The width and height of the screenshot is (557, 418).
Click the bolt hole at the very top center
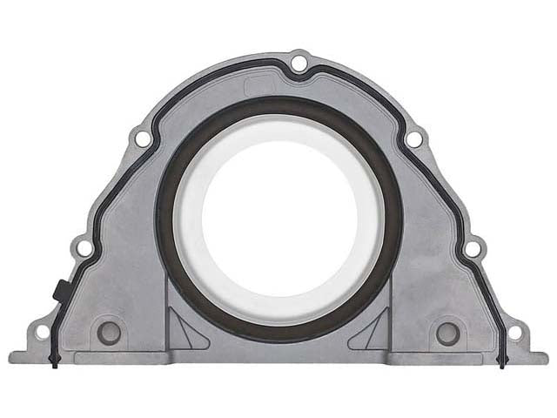(x=299, y=63)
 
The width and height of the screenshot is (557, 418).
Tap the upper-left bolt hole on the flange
(x=141, y=138)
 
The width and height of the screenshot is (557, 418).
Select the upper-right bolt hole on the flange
(x=414, y=138)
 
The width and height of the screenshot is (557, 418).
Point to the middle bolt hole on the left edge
(x=84, y=248)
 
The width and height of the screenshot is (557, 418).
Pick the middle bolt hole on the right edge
(x=472, y=248)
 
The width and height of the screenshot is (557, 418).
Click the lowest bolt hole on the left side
(x=42, y=332)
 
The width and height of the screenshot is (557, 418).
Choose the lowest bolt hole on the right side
(x=514, y=332)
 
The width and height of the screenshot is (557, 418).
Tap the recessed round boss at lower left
(x=110, y=332)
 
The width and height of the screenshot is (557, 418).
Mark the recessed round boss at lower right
(x=446, y=332)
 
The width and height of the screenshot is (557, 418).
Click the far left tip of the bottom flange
(x=10, y=357)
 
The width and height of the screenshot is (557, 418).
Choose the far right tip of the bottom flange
(x=546, y=357)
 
